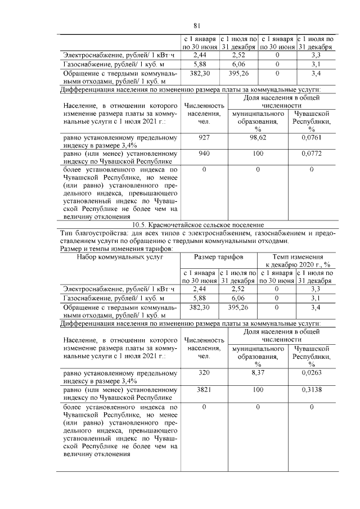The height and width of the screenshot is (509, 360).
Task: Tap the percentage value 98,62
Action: click(x=258, y=137)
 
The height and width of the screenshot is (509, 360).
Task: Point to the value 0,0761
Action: click(x=311, y=137)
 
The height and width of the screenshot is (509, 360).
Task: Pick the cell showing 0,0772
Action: click(x=311, y=153)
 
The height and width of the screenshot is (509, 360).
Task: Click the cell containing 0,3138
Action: click(x=311, y=389)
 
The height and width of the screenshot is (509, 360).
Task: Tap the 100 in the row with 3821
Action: click(x=258, y=389)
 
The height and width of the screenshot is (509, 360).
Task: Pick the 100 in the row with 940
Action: click(x=258, y=153)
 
